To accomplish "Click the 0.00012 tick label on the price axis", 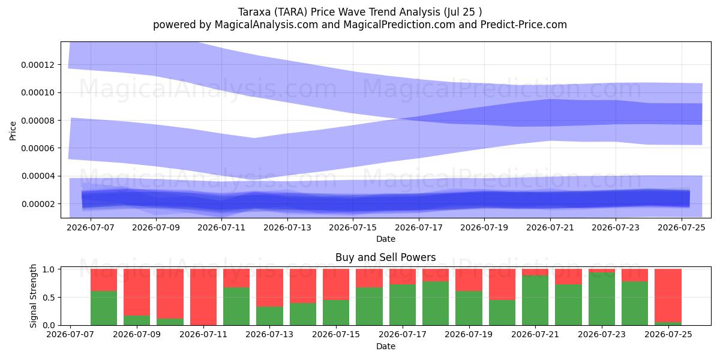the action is click(x=38, y=65).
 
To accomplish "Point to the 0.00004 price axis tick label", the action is click(x=38, y=176).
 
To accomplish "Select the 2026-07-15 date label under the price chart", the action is click(x=353, y=227).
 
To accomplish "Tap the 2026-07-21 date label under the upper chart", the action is click(x=550, y=227).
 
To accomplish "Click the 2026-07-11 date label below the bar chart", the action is click(x=203, y=334).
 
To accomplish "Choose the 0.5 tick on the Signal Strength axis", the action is click(x=49, y=298).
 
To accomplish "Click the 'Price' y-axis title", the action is click(x=13, y=131).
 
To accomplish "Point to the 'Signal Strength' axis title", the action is click(x=33, y=296).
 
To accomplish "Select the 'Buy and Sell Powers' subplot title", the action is click(x=385, y=257).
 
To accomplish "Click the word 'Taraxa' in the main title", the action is click(x=254, y=12).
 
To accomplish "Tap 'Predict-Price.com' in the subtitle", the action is click(x=524, y=25).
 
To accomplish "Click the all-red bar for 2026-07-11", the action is click(x=203, y=297).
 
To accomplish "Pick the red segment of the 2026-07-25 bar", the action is click(x=668, y=295).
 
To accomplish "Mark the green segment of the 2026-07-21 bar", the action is click(x=535, y=300).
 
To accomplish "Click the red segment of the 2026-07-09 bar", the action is click(x=137, y=292).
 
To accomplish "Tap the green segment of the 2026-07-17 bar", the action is click(x=403, y=305).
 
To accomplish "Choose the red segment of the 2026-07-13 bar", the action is click(x=269, y=287).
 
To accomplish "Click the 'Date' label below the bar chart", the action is click(x=386, y=347).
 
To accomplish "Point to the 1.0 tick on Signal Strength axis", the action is click(x=49, y=269).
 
